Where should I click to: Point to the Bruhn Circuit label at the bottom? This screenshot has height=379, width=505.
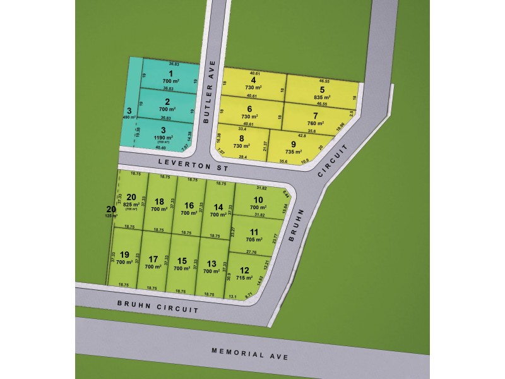point(158,308)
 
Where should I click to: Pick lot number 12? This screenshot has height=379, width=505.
point(244,270)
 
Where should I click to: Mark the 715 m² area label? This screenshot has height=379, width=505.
point(244,278)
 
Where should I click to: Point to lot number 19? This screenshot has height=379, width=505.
point(124,255)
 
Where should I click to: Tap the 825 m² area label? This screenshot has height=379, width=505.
point(131,205)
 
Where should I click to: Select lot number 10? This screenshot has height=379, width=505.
point(258,200)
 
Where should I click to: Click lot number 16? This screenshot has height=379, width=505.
point(189,205)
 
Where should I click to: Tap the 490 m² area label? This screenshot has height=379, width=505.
point(129,117)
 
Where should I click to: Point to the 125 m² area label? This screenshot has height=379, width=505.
point(111,215)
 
